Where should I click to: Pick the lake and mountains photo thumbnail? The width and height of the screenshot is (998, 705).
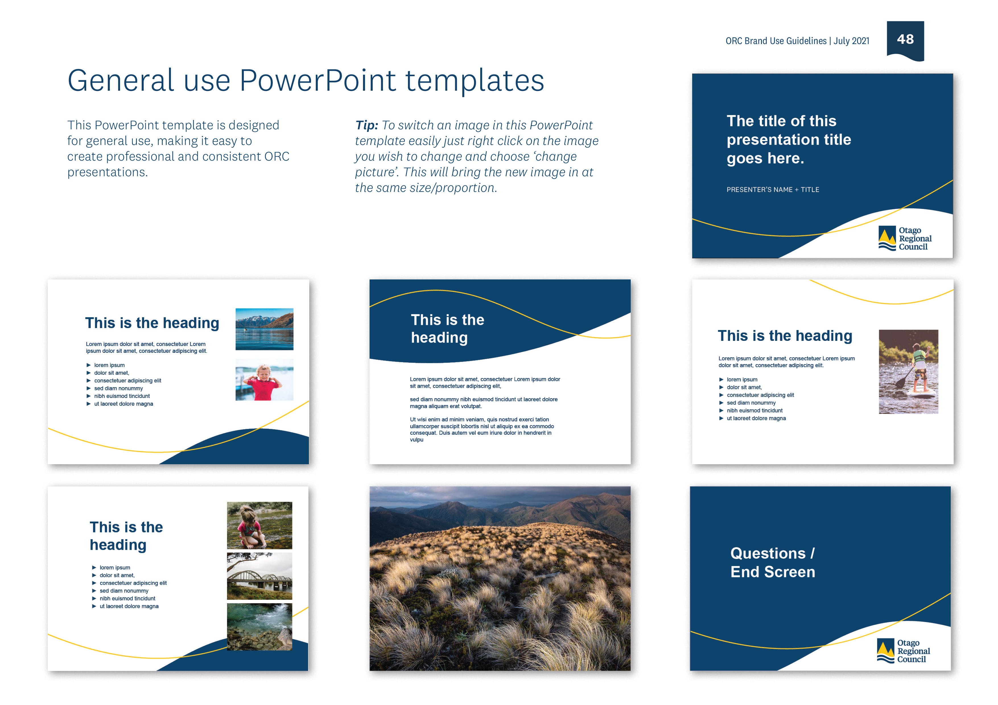click(264, 329)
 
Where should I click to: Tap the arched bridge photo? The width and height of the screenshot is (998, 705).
click(259, 576)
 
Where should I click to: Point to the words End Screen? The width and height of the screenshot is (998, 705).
click(772, 572)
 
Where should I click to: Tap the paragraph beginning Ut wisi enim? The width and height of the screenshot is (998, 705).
click(482, 429)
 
